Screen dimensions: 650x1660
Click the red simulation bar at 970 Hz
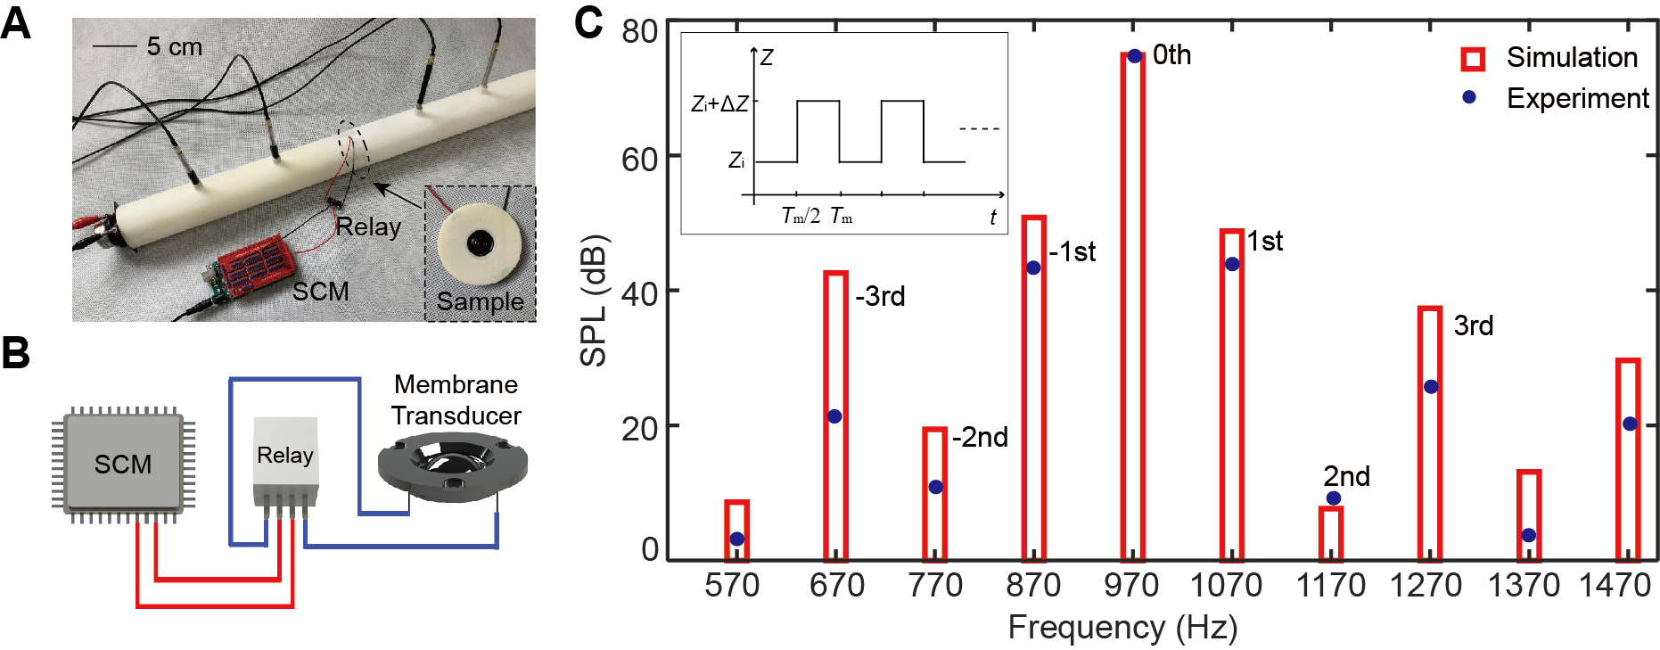click(1132, 303)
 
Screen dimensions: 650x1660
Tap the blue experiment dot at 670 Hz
click(834, 416)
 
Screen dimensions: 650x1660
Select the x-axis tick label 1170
click(1330, 586)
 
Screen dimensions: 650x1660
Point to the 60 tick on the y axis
click(639, 160)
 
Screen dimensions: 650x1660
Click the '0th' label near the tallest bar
click(1171, 55)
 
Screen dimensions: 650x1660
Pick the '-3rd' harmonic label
click(880, 296)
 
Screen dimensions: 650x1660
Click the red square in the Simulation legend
click(1473, 59)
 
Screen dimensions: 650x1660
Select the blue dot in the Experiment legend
click(1469, 97)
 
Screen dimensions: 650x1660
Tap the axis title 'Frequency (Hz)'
click(1122, 628)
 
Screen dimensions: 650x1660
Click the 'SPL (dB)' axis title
click(593, 300)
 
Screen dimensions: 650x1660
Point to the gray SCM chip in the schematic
click(123, 464)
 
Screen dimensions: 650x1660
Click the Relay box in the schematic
click(285, 459)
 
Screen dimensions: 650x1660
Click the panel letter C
click(588, 22)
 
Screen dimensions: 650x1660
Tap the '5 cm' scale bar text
click(174, 46)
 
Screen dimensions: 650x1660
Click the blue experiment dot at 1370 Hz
click(1529, 535)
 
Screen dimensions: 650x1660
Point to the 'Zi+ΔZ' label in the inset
click(719, 104)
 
